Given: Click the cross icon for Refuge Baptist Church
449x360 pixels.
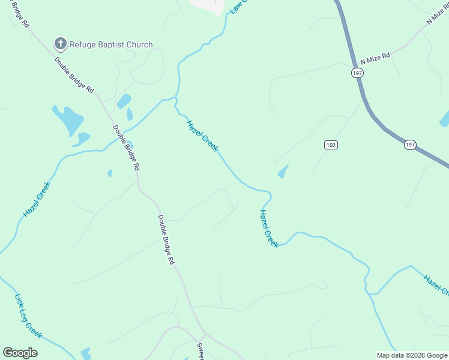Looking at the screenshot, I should coord(59,44).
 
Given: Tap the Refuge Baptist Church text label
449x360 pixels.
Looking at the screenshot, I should coord(111,44).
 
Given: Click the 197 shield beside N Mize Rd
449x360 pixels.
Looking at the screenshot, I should coord(358,72).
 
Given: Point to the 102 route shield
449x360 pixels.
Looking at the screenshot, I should coord(331,145).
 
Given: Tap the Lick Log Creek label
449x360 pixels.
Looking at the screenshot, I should coord(28,316).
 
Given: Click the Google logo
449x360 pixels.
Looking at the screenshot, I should coord(20,353).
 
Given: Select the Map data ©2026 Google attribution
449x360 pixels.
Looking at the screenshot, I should coord(412,355).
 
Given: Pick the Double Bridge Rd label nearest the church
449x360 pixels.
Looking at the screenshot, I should coord(74,74).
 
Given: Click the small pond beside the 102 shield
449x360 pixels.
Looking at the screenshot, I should coord(283,172).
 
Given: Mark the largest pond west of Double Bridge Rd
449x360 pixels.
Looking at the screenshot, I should coord(67,120).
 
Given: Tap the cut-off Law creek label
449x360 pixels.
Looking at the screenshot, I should coord(238,7).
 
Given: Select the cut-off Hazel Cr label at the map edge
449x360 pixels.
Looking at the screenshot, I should coord(436,284).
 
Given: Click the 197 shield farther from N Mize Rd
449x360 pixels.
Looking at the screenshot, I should coord(410,145).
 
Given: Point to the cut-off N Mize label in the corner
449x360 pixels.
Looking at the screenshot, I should coord(437,13).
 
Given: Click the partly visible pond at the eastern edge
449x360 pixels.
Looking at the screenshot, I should coord(444,118).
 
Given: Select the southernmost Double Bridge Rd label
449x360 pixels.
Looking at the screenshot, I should coord(166,240).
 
